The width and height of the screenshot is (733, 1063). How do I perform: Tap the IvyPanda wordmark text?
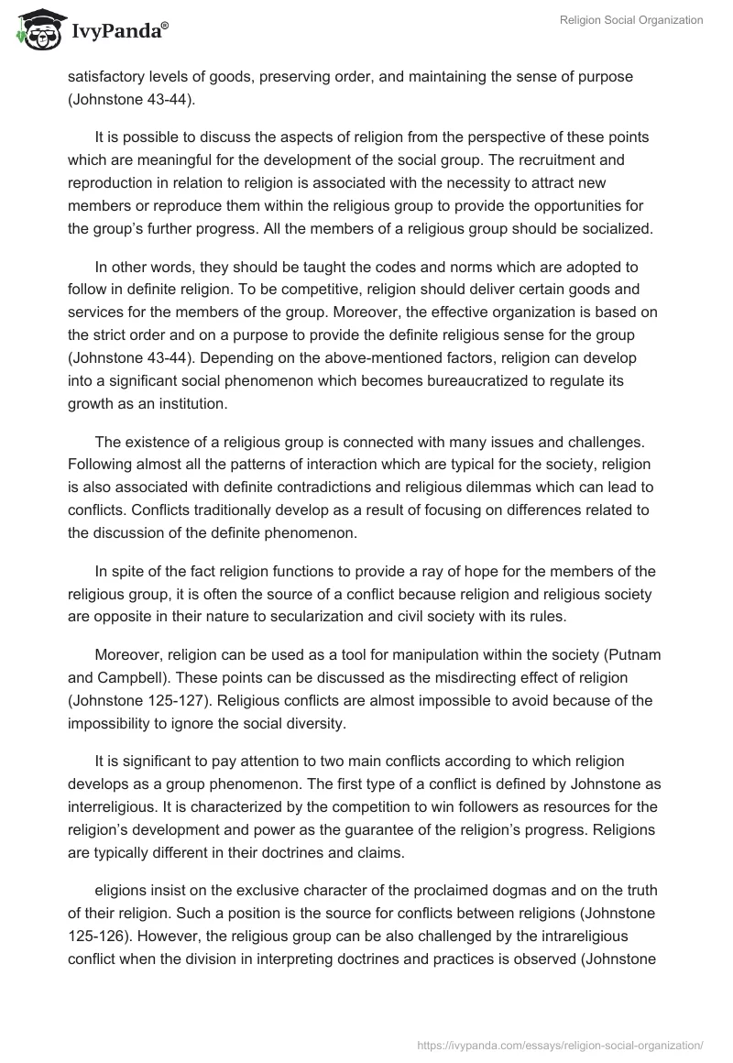pyautogui.click(x=115, y=33)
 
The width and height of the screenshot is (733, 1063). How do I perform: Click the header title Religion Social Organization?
pyautogui.click(x=631, y=20)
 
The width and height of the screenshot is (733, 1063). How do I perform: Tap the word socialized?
pyautogui.click(x=615, y=228)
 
